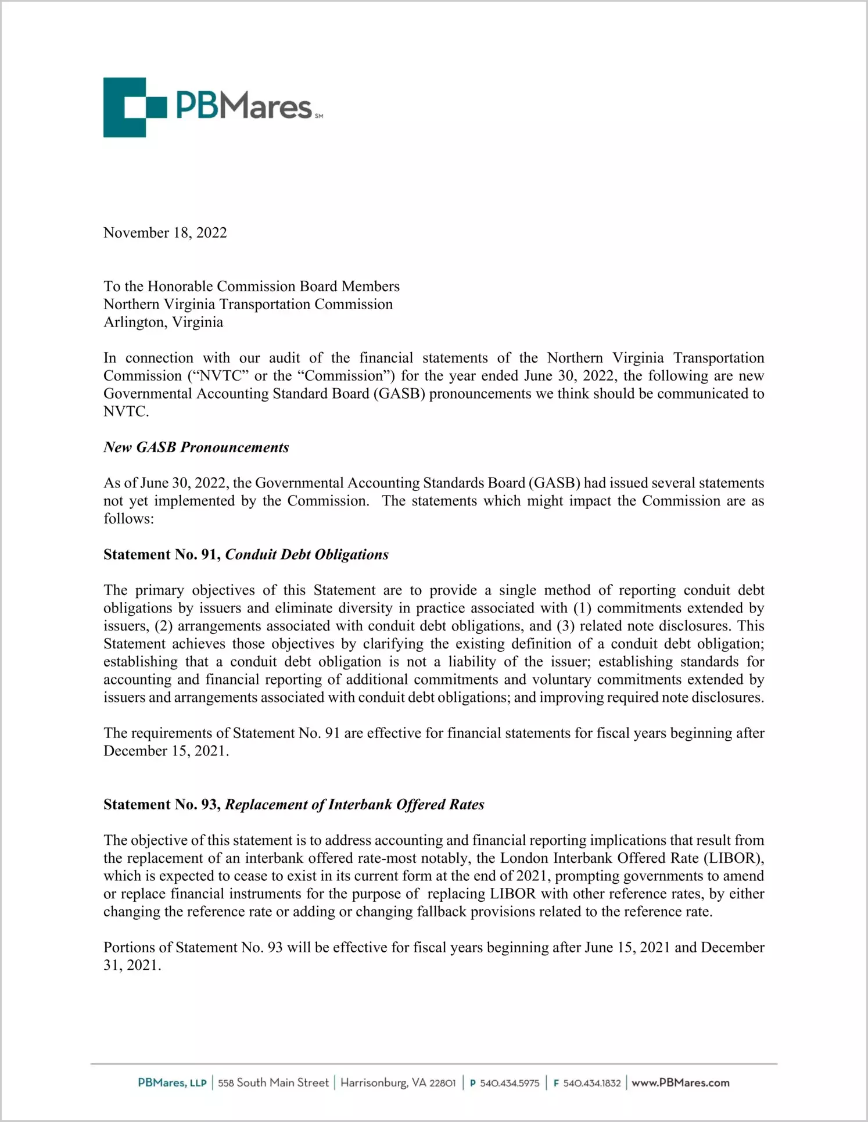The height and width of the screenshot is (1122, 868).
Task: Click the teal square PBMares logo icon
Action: tap(134, 107)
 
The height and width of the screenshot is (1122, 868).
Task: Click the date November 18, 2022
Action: tap(165, 233)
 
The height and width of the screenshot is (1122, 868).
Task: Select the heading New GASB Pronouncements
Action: tap(196, 447)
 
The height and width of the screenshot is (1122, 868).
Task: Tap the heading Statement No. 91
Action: tap(162, 555)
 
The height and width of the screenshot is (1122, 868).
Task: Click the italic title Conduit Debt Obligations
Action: tap(307, 555)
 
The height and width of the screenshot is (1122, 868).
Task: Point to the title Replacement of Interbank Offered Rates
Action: tap(354, 805)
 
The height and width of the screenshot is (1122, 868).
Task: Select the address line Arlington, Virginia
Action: tap(163, 322)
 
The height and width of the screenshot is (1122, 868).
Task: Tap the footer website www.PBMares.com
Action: tap(680, 1083)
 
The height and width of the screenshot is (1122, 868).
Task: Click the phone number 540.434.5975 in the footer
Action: tap(509, 1083)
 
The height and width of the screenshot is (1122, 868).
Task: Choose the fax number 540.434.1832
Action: tap(591, 1083)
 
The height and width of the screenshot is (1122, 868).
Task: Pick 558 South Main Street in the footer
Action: tap(273, 1083)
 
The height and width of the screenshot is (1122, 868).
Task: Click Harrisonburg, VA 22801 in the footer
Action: tap(398, 1083)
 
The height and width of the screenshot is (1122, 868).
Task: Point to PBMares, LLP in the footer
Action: tap(172, 1083)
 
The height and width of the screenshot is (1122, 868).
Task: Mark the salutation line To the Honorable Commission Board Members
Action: tap(252, 286)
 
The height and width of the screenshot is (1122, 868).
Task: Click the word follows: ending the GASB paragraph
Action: tap(128, 519)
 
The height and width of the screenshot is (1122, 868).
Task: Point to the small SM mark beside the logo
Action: tap(319, 116)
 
